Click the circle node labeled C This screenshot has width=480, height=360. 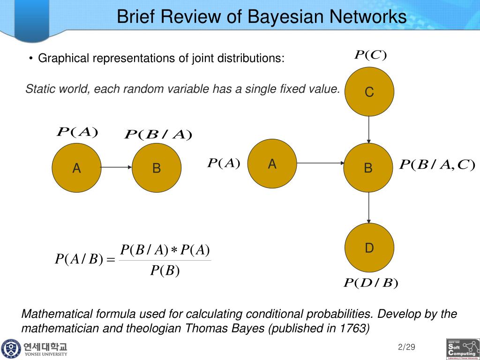click(369, 92)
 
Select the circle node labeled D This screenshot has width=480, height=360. click(369, 247)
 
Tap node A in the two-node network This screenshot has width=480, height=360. click(76, 168)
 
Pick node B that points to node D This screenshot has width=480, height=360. click(368, 167)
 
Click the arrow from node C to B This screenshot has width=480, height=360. click(369, 129)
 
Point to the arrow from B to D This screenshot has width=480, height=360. click(369, 208)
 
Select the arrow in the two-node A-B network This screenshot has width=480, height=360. click(116, 167)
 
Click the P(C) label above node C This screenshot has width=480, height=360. click(370, 55)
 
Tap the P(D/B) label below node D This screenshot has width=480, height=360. click(370, 283)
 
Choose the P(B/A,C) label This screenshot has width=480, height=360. click(437, 165)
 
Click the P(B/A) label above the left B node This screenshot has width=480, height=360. click(158, 135)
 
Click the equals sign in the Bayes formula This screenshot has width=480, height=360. click(111, 259)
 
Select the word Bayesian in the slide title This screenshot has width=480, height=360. click(283, 17)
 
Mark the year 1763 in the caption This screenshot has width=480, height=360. click(354, 328)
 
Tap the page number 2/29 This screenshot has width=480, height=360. click(406, 347)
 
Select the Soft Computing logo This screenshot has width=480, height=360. click(462, 349)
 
